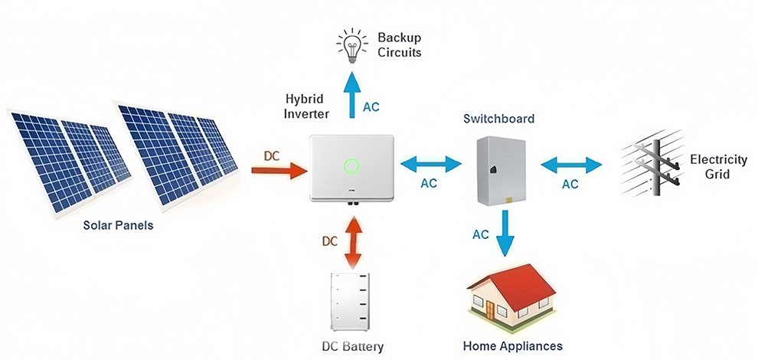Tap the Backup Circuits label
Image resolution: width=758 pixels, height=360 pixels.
coord(400,45)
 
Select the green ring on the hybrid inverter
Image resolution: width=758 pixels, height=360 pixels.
coord(351,165)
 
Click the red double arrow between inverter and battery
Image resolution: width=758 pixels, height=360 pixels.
coord(351,241)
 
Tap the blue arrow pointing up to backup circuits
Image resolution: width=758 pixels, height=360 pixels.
coord(351,94)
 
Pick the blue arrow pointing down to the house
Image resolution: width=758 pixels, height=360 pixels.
coord(503,233)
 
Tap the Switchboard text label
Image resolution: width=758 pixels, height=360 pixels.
coord(498,119)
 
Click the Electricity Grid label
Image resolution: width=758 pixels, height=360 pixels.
coord(717,167)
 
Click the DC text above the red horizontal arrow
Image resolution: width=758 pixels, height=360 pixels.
coord(272,155)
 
